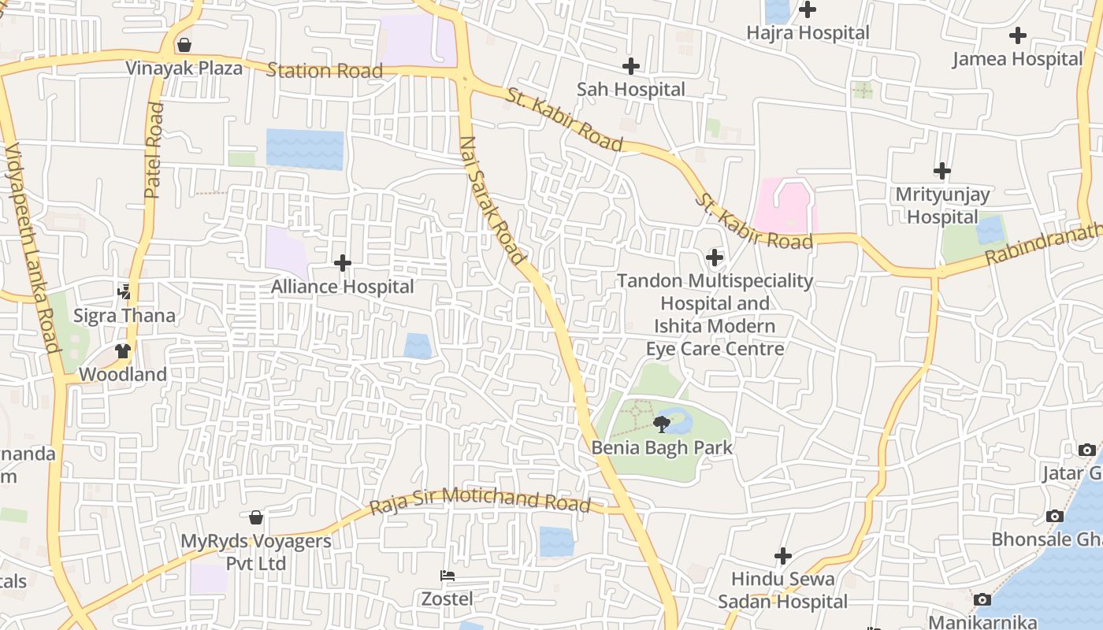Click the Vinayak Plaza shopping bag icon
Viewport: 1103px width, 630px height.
pyautogui.click(x=184, y=45)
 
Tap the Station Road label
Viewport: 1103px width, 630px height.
pyautogui.click(x=325, y=70)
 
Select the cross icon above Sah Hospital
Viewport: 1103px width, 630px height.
pyautogui.click(x=631, y=66)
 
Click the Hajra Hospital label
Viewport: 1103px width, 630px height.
pyautogui.click(x=808, y=33)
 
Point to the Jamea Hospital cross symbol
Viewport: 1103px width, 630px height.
pyautogui.click(x=1018, y=35)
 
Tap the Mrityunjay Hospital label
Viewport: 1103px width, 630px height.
pyautogui.click(x=942, y=205)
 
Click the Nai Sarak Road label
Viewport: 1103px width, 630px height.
pyautogui.click(x=492, y=200)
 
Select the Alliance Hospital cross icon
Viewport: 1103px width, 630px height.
pyautogui.click(x=343, y=262)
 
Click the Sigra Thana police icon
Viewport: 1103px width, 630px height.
pyautogui.click(x=124, y=292)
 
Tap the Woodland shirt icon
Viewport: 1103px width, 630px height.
pyautogui.click(x=123, y=351)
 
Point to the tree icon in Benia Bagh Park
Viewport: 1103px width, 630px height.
pyautogui.click(x=662, y=425)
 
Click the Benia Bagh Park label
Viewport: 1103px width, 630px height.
pyautogui.click(x=662, y=448)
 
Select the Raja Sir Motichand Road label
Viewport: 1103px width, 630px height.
pyautogui.click(x=479, y=499)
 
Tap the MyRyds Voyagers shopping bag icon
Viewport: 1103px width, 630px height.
pyautogui.click(x=256, y=517)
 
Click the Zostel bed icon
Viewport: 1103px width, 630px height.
pyautogui.click(x=448, y=576)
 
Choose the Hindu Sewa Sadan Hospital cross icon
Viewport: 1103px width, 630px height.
pyautogui.click(x=782, y=556)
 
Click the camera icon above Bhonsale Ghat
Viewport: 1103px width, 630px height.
pyautogui.click(x=1054, y=517)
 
